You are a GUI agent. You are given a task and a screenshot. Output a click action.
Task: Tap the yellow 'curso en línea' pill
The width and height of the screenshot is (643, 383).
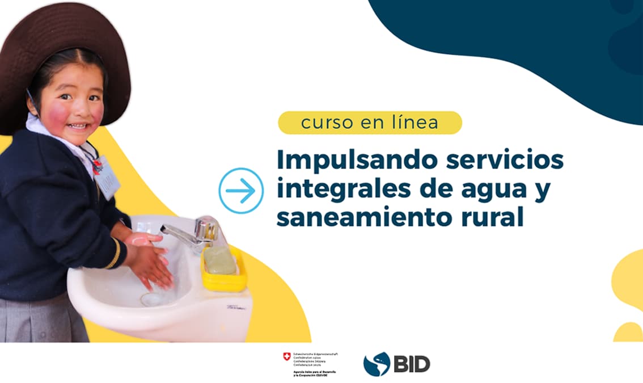tap(370, 123)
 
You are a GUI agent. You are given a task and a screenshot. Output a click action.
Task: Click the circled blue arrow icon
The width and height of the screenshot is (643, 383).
tap(241, 191)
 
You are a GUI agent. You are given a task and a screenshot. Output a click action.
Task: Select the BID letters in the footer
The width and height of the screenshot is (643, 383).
tap(412, 364)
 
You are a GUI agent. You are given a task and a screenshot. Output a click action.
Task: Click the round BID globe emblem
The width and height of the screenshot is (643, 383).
tap(377, 364)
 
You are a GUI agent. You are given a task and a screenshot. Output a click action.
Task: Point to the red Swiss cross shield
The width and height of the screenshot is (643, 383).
tap(287, 356)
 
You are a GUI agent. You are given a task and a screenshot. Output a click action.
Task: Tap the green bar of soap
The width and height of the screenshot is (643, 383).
tap(221, 260)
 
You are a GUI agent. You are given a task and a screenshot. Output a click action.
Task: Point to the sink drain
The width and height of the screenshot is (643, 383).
tap(151, 298)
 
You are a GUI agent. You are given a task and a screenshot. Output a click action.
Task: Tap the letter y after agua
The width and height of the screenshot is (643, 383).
tap(543, 192)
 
